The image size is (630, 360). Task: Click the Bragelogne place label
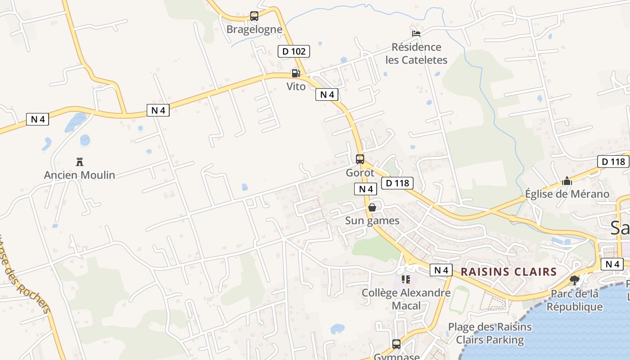click(254, 30)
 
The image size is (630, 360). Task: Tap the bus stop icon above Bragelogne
click(254, 16)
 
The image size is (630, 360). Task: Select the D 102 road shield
click(294, 51)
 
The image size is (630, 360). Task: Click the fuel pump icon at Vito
click(296, 73)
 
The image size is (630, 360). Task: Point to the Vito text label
click(296, 86)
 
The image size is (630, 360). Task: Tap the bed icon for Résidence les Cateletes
click(416, 33)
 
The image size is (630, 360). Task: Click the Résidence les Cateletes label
click(416, 54)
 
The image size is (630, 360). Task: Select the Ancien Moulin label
click(80, 175)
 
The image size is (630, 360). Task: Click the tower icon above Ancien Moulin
click(80, 162)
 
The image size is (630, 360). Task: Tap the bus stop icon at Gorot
click(360, 159)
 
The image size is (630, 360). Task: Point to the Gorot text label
click(360, 173)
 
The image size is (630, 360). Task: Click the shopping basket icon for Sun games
click(372, 207)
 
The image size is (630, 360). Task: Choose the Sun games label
click(372, 220)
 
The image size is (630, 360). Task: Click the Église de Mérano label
click(567, 194)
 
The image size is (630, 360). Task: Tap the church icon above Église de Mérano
click(567, 181)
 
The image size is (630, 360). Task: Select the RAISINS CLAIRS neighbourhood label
click(508, 272)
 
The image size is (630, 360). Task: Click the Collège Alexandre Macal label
click(406, 299)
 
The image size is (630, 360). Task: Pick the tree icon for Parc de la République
click(574, 280)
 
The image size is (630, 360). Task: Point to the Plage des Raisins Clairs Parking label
click(490, 333)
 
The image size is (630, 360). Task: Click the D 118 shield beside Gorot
click(397, 183)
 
